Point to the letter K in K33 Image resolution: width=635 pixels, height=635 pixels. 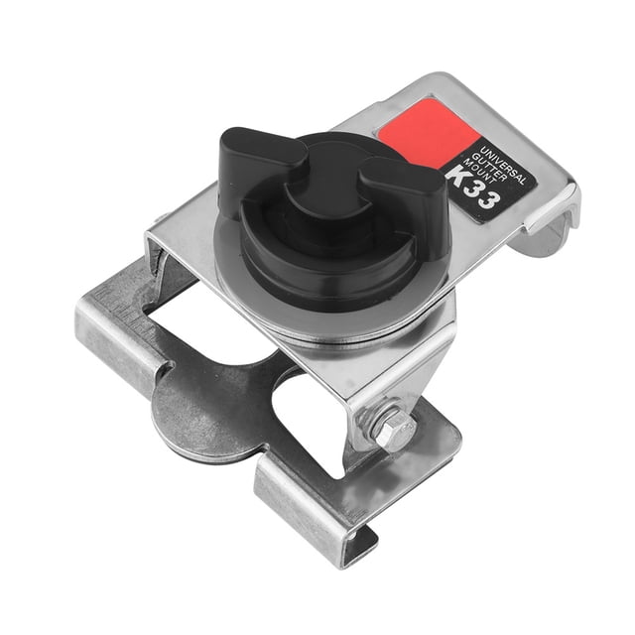click(x=458, y=175)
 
